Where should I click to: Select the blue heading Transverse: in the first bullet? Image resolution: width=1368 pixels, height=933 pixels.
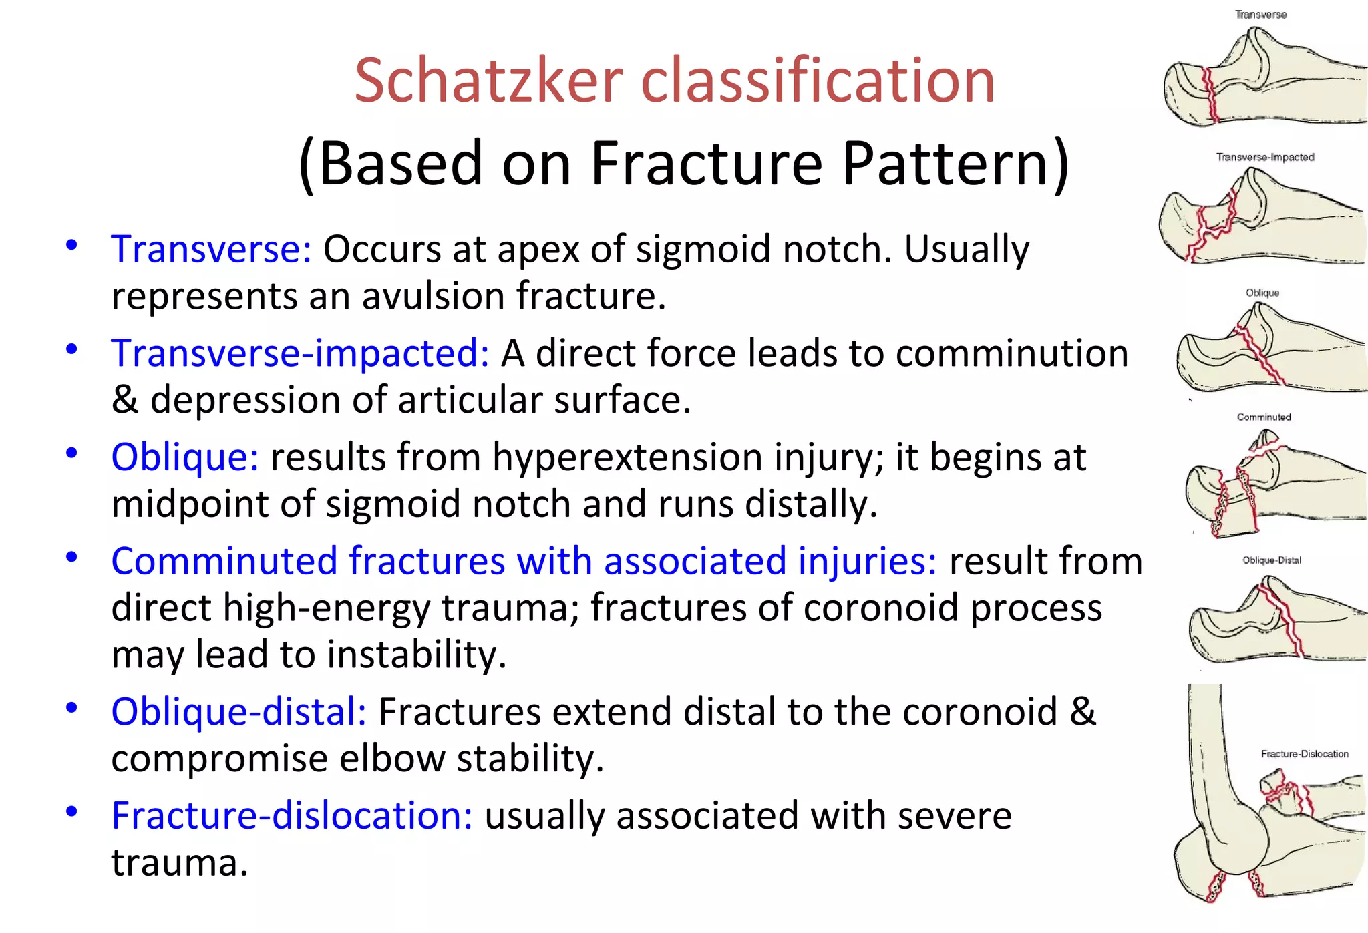coord(211,250)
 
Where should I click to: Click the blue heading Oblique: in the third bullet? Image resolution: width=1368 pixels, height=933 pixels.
coord(185,457)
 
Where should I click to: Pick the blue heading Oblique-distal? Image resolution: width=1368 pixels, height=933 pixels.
coord(238,712)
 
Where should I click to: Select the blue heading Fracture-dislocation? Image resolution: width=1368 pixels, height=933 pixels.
coord(292,816)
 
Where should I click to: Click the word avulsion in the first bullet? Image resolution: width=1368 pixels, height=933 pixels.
coord(434,296)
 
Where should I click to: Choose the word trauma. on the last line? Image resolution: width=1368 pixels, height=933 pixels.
coord(179,863)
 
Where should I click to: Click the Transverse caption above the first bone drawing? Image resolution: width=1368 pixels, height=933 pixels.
coord(1260,15)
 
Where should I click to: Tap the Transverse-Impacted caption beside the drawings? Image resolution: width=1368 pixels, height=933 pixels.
coord(1264,157)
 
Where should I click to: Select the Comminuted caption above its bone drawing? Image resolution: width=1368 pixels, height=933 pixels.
coord(1264,417)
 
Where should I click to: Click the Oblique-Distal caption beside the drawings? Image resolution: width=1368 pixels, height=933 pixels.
coord(1271,560)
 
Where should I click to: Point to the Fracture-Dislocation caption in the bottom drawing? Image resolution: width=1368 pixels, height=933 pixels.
coord(1304,753)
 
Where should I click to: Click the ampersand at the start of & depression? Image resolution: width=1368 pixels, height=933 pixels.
coord(124,400)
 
